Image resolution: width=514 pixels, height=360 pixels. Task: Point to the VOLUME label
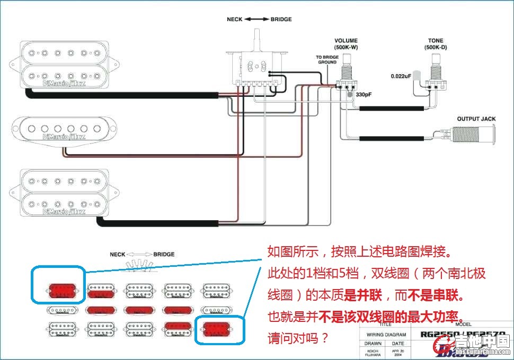click(346, 41)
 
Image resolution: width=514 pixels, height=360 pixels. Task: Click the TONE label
click(437, 41)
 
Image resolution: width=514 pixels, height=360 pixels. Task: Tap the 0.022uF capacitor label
click(401, 76)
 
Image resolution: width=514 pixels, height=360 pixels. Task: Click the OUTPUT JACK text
click(476, 119)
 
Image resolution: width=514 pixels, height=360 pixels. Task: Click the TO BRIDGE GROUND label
click(327, 59)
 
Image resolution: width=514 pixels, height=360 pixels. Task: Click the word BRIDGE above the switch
click(281, 20)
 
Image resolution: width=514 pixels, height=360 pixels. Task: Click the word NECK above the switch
click(235, 20)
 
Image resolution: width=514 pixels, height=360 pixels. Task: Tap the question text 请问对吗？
click(298, 337)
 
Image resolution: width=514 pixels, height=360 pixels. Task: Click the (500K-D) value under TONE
click(437, 48)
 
